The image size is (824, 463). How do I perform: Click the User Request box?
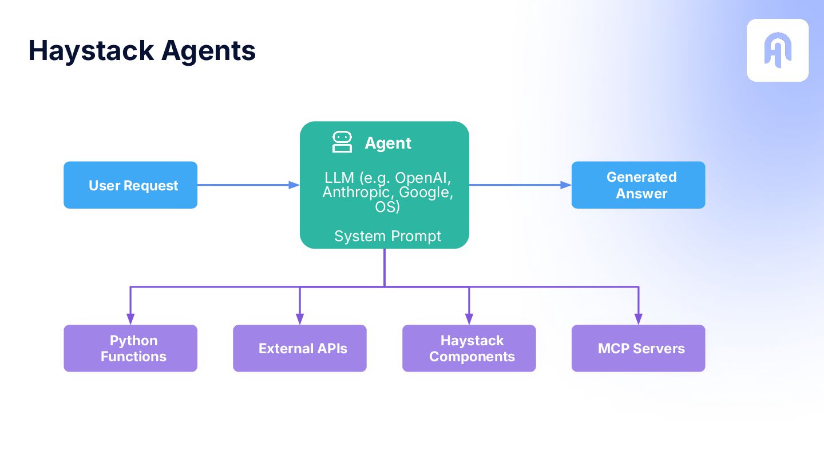130,185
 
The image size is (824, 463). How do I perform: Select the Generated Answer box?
638,185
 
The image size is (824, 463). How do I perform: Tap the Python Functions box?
130,348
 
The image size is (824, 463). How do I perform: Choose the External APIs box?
300,348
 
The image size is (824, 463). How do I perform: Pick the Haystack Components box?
469,348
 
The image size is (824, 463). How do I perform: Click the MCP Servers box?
638,348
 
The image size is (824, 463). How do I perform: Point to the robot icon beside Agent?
342,142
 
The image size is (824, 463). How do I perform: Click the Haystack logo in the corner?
778,50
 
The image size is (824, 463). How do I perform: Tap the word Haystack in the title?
91,51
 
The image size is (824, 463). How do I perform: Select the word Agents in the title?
208,51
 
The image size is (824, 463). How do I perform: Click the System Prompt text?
388,236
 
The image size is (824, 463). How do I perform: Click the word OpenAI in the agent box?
423,178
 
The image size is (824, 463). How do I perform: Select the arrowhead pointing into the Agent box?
294,185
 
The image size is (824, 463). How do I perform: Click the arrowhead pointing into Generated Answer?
566,185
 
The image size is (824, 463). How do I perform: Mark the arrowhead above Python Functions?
130,319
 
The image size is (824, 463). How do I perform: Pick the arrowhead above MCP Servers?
638,319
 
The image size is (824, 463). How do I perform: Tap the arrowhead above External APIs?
300,319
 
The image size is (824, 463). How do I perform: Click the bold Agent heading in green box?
388,143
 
